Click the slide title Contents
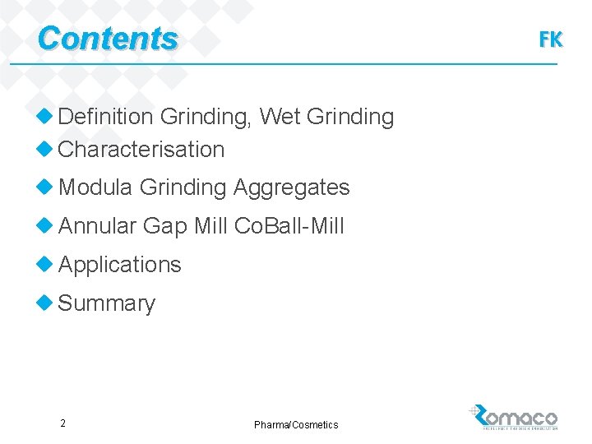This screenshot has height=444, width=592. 107,39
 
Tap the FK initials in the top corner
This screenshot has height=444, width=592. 550,39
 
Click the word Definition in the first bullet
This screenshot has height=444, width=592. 105,118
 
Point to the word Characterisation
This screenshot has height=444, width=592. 141,150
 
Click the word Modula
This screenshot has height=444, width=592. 95,187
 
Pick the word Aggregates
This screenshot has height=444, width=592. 291,187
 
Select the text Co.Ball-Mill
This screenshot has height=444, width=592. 289,226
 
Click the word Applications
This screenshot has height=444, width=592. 119,265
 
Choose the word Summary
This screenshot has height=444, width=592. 106,303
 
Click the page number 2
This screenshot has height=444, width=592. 62,423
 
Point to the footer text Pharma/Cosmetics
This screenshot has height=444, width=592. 296,424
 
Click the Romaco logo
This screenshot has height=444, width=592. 514,417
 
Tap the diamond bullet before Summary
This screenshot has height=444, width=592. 45,303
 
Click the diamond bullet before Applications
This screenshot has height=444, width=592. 45,264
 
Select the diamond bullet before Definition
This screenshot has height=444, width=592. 45,117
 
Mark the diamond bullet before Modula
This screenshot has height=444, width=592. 45,187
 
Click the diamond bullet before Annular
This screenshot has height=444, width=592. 45,225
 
